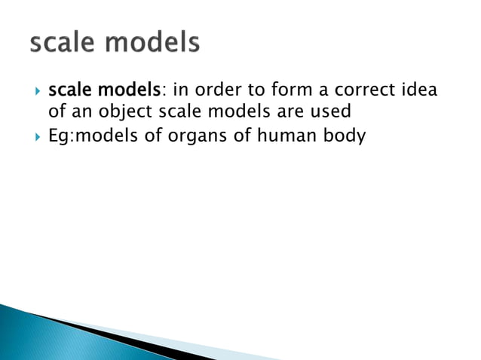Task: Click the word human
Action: (293, 137)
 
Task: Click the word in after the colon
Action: (181, 90)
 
